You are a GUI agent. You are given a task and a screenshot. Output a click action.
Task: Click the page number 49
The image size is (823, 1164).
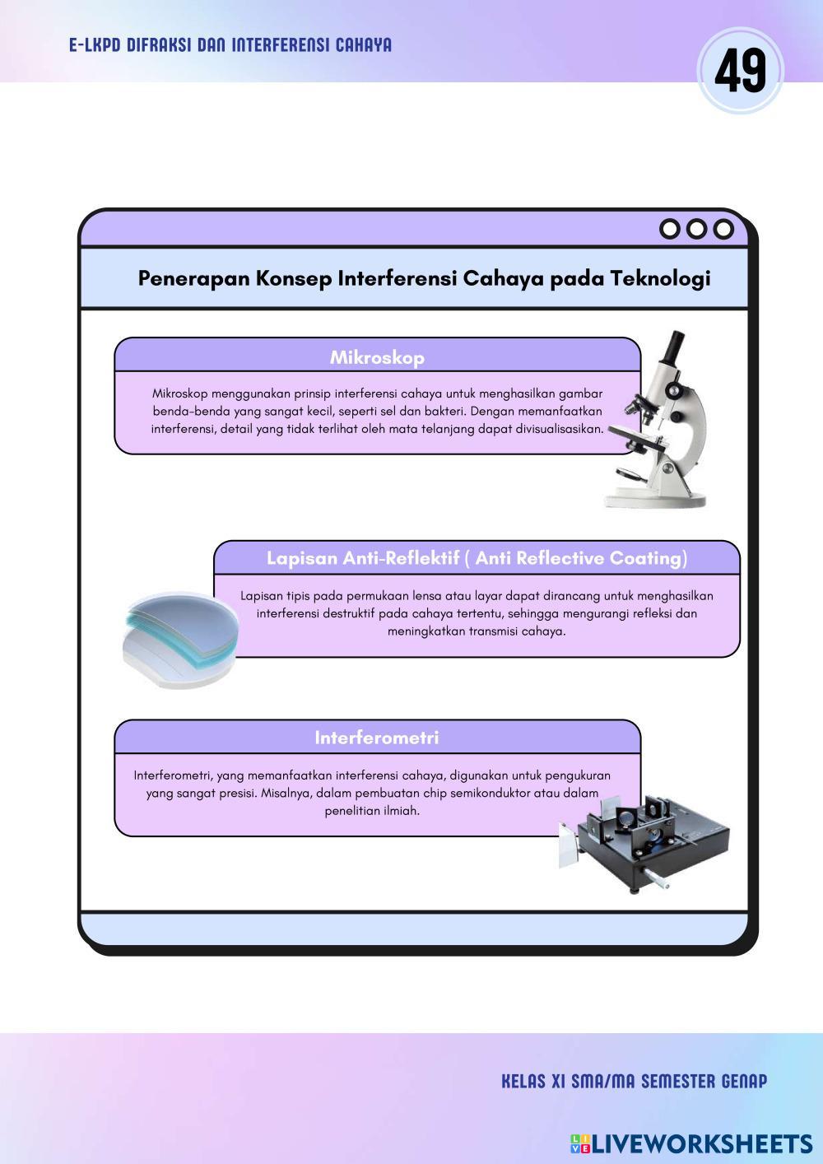coord(740,71)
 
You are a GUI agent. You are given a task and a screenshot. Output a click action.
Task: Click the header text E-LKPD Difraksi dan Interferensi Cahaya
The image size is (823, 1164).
coord(230,45)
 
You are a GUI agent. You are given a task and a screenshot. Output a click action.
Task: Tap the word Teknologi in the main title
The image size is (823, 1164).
coord(660,278)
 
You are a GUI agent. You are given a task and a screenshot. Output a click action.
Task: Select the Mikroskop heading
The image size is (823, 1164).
coord(377,357)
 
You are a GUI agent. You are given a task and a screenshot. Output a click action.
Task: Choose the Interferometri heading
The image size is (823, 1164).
coord(377,738)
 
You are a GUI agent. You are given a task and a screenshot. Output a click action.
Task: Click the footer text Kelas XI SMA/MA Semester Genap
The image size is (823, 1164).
coord(634,1081)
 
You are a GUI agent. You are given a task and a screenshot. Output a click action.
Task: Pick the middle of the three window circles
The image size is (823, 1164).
coord(697,229)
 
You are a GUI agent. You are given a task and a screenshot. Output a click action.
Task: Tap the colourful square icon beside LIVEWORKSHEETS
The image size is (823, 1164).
coord(579,1143)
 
